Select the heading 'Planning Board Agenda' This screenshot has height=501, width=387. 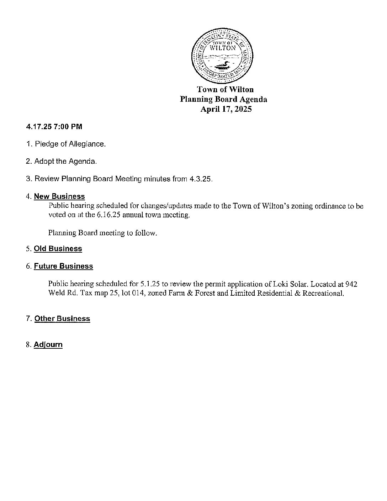point(223,99)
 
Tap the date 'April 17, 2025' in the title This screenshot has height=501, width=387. point(226,109)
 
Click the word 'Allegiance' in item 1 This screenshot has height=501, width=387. point(87,144)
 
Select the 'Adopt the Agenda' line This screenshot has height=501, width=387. point(61,162)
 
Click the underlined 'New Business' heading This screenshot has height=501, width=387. point(59,196)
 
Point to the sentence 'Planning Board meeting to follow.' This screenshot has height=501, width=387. point(102,233)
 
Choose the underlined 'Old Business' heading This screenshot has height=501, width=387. point(58,249)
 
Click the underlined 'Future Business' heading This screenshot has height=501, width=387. point(63,266)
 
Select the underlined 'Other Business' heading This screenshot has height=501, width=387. point(62,319)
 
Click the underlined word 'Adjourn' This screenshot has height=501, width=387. point(48,345)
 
